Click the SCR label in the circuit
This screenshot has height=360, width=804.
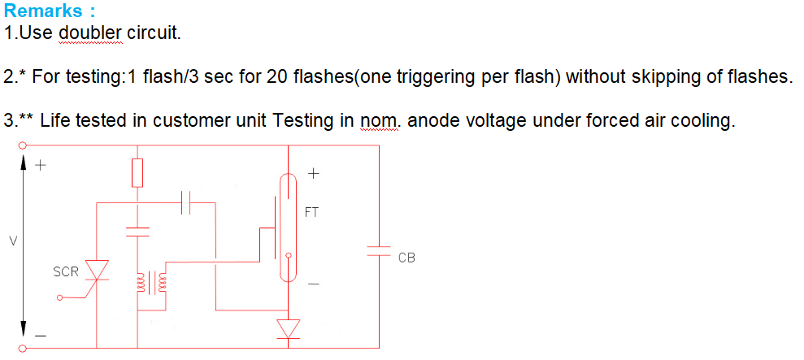[x=66, y=271]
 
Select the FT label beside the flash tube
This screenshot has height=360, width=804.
[x=311, y=212]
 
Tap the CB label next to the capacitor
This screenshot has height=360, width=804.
[x=406, y=258]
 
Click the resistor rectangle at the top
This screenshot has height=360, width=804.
[x=137, y=173]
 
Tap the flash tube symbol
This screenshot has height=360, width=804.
[x=288, y=228]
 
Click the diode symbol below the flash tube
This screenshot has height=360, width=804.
[x=288, y=329]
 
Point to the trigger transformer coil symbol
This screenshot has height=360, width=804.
[x=151, y=284]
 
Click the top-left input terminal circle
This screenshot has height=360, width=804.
[x=22, y=145]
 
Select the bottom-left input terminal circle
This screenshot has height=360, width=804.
[x=22, y=349]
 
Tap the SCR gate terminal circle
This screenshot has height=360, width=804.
[x=59, y=297]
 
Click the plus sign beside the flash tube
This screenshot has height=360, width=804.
[x=314, y=174]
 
